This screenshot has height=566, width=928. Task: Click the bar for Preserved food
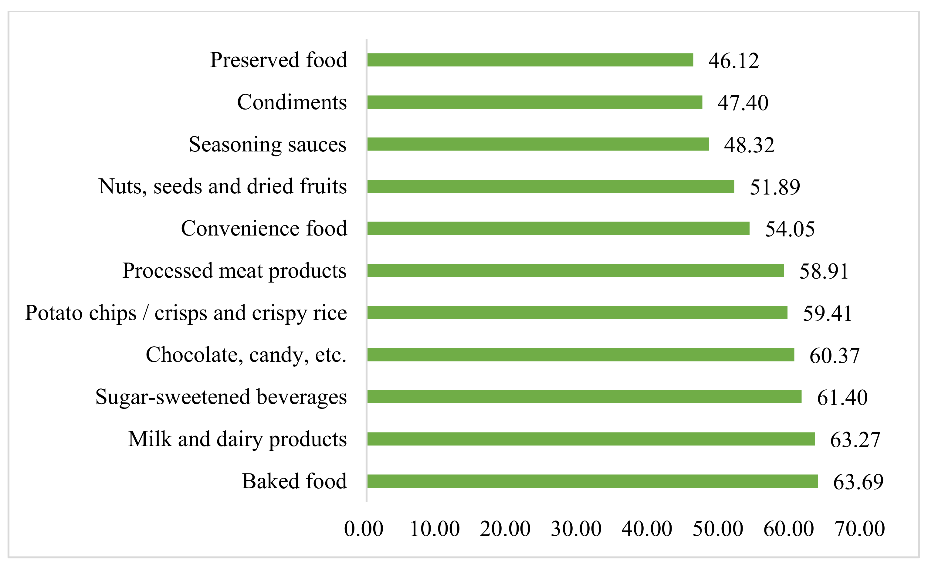tap(530, 60)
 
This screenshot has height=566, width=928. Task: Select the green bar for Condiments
tap(534, 102)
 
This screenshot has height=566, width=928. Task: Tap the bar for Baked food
tap(592, 481)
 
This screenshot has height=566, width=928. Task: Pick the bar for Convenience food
tap(558, 228)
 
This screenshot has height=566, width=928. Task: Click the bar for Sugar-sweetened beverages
tap(584, 397)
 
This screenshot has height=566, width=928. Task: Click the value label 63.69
tap(858, 482)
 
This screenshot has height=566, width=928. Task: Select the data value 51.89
tap(775, 187)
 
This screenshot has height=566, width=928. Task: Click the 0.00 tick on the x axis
tap(364, 529)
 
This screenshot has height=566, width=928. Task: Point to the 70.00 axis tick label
tap(859, 529)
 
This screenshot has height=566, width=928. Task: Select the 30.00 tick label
tap(576, 529)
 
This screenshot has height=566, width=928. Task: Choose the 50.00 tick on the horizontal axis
tap(718, 529)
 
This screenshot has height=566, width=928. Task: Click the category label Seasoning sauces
tap(267, 144)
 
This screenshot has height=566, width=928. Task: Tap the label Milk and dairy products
tap(237, 439)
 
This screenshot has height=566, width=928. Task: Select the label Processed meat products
tap(234, 271)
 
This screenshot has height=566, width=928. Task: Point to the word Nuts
tap(120, 186)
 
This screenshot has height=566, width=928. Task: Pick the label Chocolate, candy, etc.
tap(246, 355)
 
